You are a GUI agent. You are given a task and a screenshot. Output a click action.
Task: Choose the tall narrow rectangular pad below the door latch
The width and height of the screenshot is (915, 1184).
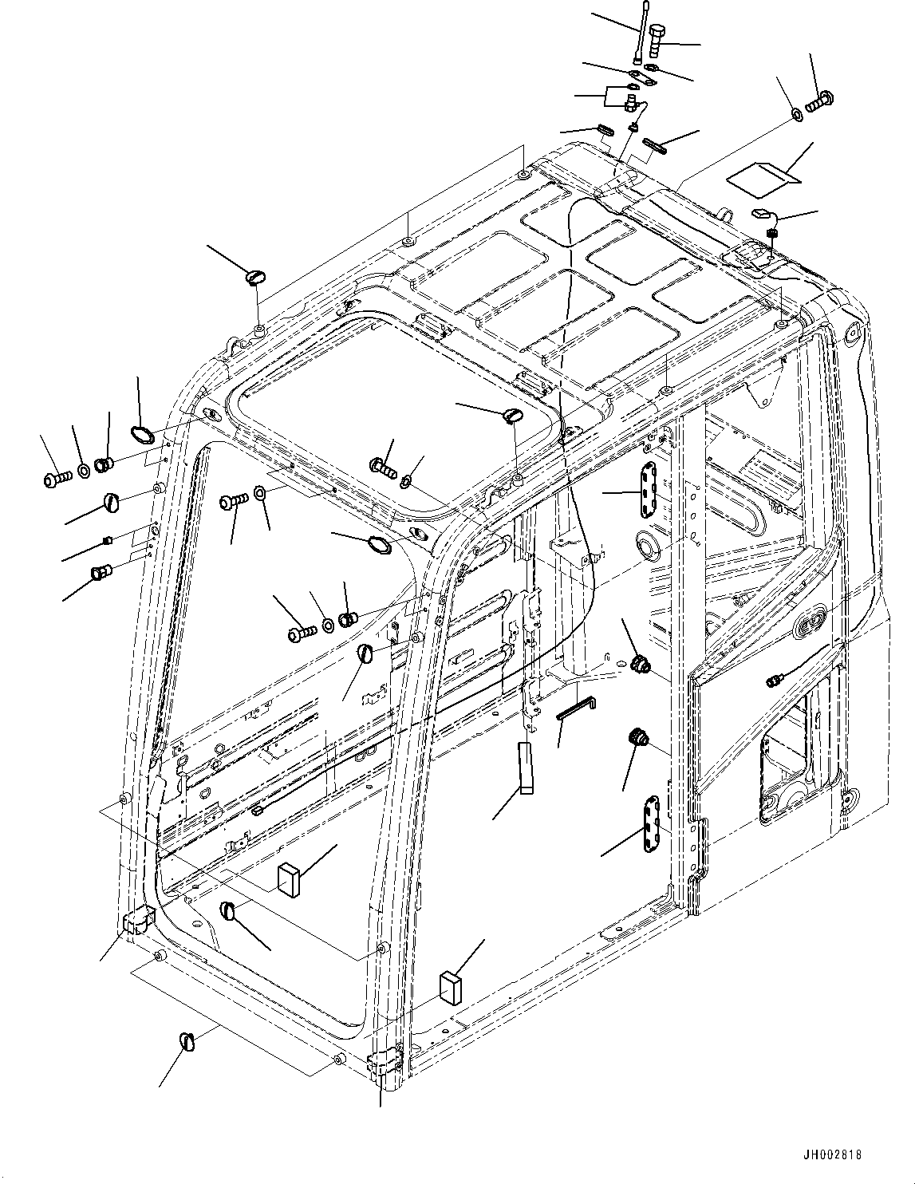(x=525, y=768)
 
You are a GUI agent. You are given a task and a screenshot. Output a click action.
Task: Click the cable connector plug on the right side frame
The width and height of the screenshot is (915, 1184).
(x=772, y=681)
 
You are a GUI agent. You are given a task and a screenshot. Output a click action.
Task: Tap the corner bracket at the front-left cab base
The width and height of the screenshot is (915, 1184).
(x=136, y=921)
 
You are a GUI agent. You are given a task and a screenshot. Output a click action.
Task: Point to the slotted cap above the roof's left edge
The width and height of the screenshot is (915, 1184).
(x=256, y=277)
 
